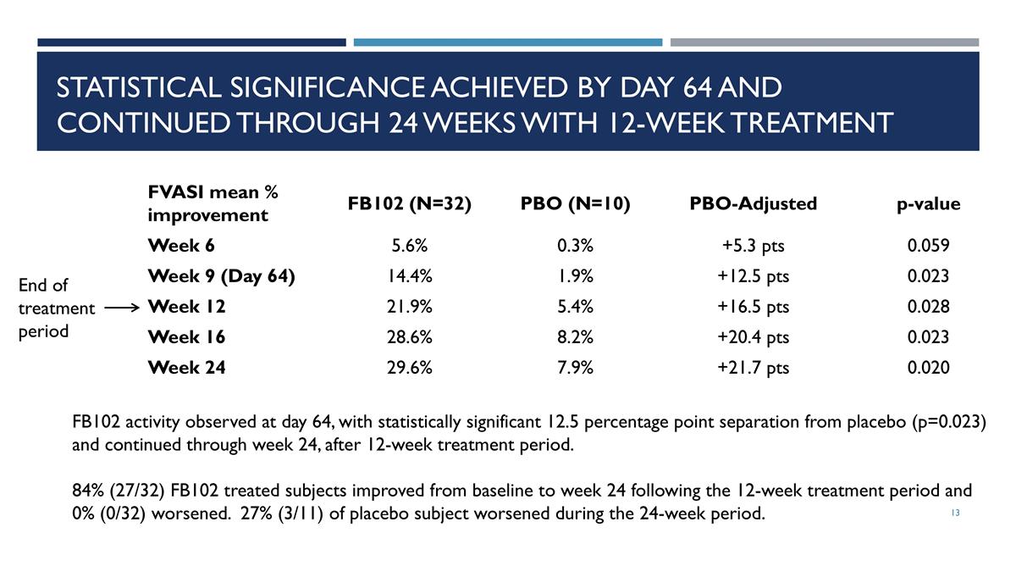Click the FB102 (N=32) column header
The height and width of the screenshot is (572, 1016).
[409, 203]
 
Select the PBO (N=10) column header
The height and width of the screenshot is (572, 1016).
[575, 203]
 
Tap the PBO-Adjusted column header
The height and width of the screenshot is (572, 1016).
[753, 203]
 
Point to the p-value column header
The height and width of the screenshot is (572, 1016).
[929, 204]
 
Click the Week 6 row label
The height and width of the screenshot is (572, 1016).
[181, 246]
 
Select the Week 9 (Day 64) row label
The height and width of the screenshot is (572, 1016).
[221, 276]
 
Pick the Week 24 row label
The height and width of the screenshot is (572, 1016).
[186, 367]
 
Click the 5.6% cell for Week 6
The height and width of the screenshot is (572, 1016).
[409, 246]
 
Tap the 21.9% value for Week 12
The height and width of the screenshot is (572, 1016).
[409, 307]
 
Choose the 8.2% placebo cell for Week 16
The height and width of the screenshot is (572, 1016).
[575, 337]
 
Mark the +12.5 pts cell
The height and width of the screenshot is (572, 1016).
[753, 276]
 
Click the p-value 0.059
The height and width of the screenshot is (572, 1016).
[929, 246]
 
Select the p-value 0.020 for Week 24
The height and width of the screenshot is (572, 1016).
[929, 367]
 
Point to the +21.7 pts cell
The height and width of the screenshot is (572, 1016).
[753, 367]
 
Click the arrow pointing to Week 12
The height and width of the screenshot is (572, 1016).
[122, 308]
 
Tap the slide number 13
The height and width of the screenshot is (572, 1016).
[955, 513]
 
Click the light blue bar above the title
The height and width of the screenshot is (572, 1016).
[508, 42]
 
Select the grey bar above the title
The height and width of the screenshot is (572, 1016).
[825, 42]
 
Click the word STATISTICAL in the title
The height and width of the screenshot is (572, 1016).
[139, 87]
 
